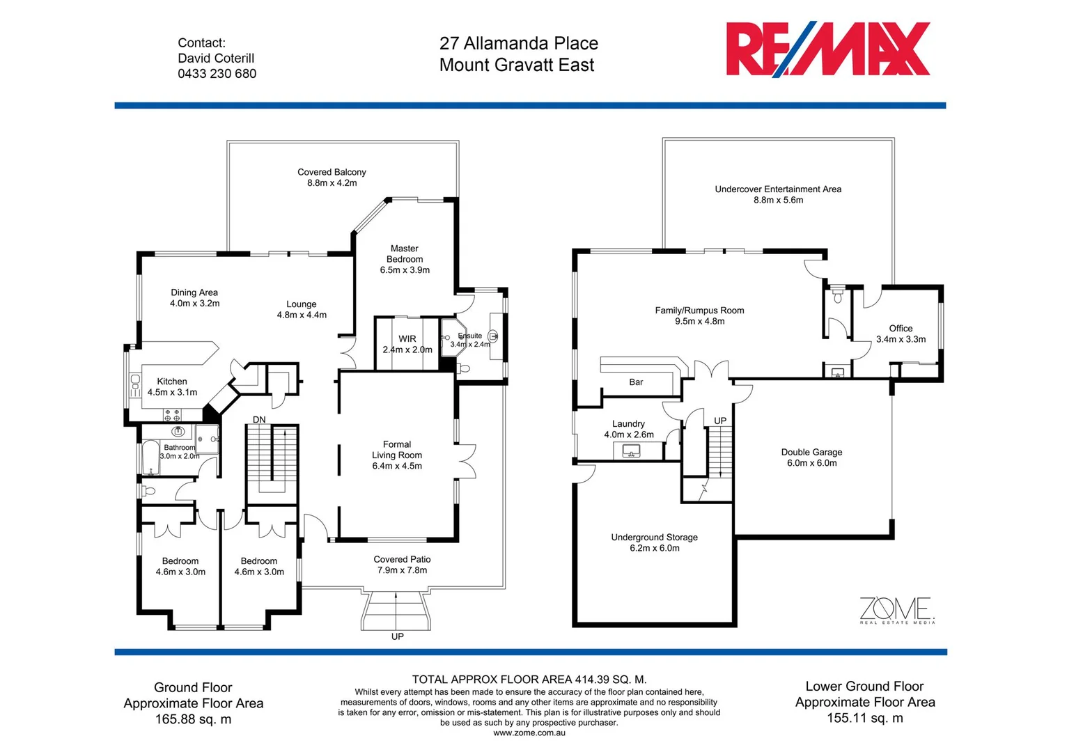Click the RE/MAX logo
click(x=827, y=49)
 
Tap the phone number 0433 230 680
click(x=217, y=74)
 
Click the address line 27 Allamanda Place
click(x=518, y=43)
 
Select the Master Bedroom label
click(x=405, y=253)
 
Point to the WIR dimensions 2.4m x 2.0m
click(x=407, y=350)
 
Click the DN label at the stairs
click(x=259, y=419)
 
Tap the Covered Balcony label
click(x=332, y=172)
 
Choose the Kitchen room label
click(x=172, y=382)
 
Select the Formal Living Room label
click(x=397, y=450)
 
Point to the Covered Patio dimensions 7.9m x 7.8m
click(x=402, y=570)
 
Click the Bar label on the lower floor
click(x=636, y=382)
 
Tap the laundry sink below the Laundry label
click(x=632, y=451)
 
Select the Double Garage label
click(x=811, y=452)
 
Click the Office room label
click(x=901, y=328)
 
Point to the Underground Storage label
click(x=654, y=537)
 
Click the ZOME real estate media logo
click(x=896, y=609)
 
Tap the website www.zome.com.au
click(x=529, y=733)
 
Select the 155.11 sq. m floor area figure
click(x=864, y=718)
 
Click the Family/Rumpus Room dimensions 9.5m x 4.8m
click(x=699, y=321)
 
